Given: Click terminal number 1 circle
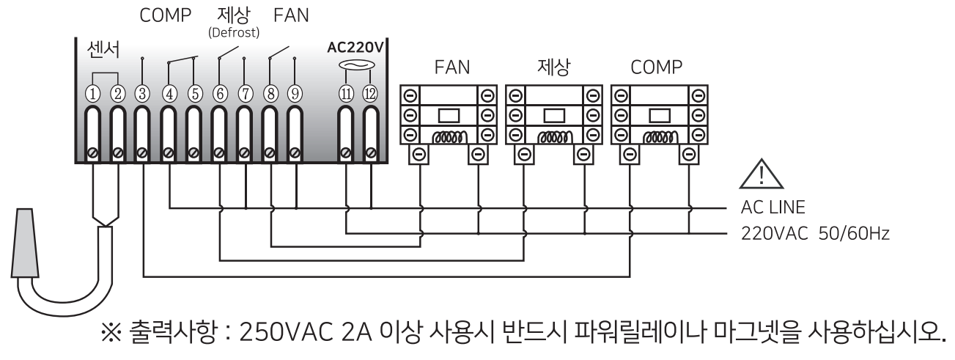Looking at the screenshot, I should pyautogui.click(x=93, y=93).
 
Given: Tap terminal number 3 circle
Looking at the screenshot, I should pyautogui.click(x=143, y=93).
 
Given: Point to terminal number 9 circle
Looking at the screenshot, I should pyautogui.click(x=295, y=93).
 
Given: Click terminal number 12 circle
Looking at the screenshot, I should pyautogui.click(x=370, y=93).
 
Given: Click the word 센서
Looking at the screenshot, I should pyautogui.click(x=103, y=50).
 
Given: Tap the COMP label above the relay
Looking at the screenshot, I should pyautogui.click(x=656, y=68).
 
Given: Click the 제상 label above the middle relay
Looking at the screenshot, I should pyautogui.click(x=554, y=68).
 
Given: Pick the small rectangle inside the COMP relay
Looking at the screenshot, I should pyautogui.click(x=659, y=116).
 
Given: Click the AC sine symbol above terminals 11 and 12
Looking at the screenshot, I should pyautogui.click(x=358, y=67).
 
